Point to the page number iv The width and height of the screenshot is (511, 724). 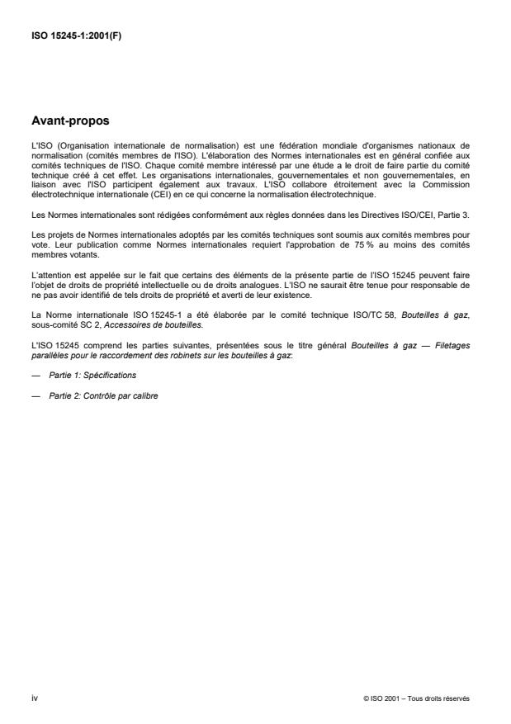point(33,698)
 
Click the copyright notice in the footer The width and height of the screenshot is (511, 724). point(416,698)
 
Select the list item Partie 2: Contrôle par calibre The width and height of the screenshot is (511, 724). point(103,395)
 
